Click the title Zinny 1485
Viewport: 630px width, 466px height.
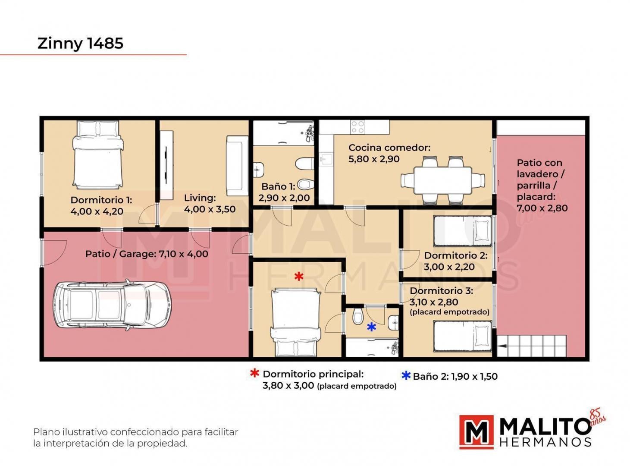coord(80,44)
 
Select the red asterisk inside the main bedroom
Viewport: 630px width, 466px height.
coord(299,276)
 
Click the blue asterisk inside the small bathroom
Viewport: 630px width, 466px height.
coord(371,327)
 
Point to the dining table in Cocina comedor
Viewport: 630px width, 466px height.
coord(443,180)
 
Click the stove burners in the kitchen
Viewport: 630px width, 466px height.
coord(357,127)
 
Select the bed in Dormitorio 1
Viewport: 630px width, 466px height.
coord(98,154)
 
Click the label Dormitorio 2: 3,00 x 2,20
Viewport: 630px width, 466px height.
coord(455,261)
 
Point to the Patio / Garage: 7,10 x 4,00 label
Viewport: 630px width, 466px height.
coord(147,254)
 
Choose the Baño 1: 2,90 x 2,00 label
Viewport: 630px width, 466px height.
coord(284,192)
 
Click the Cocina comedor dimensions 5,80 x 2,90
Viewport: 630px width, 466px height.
coord(374,159)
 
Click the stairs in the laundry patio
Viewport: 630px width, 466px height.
coord(532,346)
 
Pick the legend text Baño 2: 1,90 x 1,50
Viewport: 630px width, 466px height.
coord(455,376)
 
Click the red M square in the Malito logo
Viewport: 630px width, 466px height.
coord(476,432)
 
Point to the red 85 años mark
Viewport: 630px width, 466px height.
coord(597,417)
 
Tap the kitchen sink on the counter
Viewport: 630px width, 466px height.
coord(326,159)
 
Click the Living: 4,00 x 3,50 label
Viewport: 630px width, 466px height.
coord(210,204)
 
